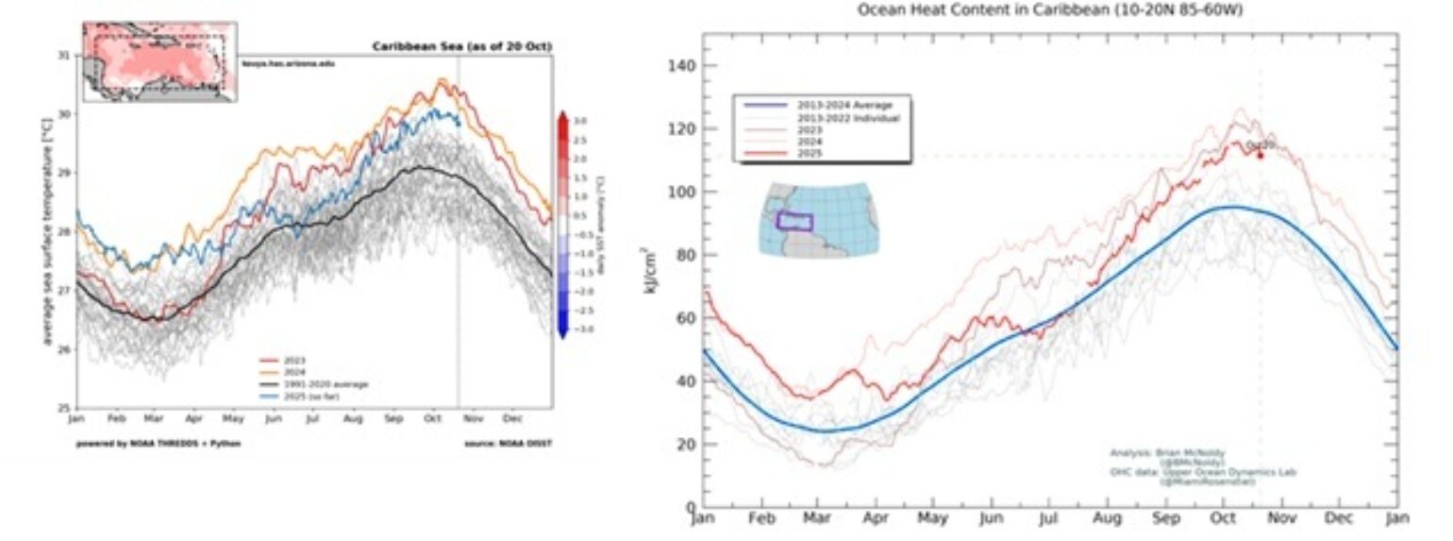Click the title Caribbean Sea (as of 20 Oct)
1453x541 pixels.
(461, 46)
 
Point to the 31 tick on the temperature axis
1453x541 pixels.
(64, 55)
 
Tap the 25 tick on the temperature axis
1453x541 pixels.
(64, 408)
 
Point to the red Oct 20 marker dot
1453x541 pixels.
(1260, 154)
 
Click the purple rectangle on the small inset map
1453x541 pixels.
(794, 221)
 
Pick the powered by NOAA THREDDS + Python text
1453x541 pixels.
(158, 443)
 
